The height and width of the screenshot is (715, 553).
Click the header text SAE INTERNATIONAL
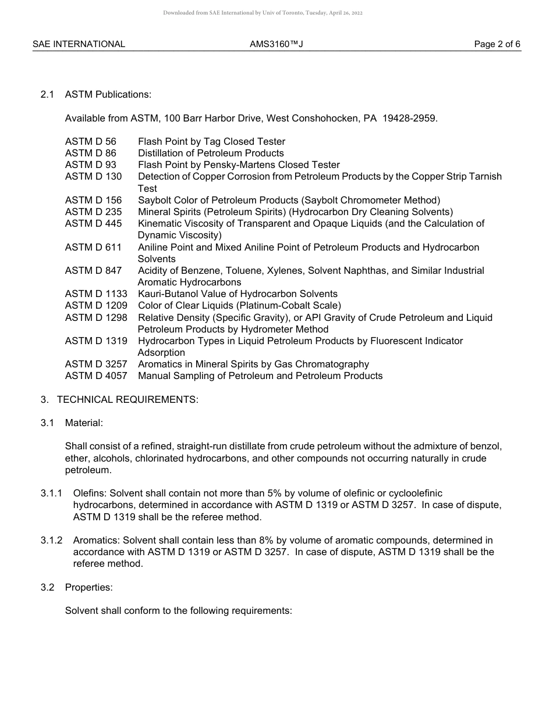79,44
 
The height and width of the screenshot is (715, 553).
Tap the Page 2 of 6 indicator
497,44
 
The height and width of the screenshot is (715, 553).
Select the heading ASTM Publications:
108,95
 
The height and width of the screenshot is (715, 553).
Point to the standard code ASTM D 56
90,142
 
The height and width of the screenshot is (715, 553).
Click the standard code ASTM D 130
93,177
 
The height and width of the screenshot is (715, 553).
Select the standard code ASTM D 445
93,224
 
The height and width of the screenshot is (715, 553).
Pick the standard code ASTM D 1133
96,294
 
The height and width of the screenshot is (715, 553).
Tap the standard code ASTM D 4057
96,376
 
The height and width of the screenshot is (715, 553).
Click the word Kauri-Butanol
166,294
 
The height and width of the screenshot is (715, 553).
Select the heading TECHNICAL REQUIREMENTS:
127,400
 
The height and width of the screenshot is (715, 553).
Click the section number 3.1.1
51,494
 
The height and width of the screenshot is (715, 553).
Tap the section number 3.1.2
51,541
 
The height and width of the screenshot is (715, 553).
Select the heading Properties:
88,587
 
